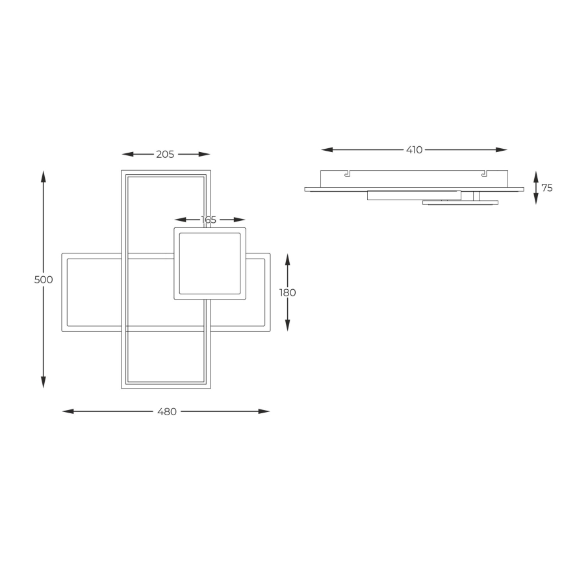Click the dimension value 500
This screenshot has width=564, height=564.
tap(44, 279)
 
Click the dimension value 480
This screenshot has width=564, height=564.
tap(167, 411)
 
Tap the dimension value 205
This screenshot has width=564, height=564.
tap(165, 154)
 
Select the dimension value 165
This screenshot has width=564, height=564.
tap(209, 220)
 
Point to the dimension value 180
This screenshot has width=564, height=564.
tap(288, 292)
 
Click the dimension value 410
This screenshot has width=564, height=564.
tap(414, 149)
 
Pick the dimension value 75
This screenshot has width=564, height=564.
tap(546, 188)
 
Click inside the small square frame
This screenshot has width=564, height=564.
tap(210, 263)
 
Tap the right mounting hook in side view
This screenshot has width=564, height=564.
tap(483, 173)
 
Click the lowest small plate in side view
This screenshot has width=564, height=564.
tap(460, 203)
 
